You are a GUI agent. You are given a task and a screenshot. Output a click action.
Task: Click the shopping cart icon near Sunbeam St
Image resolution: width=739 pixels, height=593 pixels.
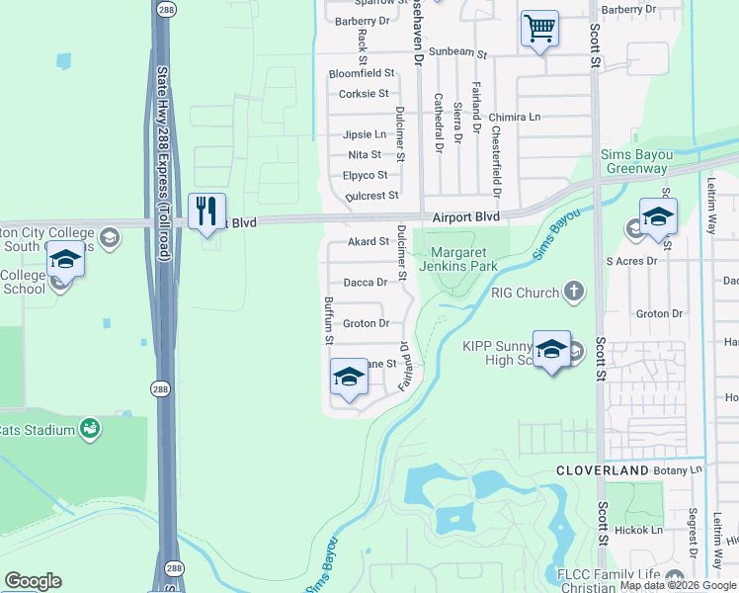click(x=539, y=30)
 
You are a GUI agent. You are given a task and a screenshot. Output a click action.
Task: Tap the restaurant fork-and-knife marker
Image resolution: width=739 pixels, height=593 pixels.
click(x=206, y=211)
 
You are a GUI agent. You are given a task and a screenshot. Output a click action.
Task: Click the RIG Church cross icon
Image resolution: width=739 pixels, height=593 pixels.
click(x=574, y=292)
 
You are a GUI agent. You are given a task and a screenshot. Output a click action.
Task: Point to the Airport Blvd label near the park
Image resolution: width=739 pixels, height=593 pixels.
click(x=465, y=215)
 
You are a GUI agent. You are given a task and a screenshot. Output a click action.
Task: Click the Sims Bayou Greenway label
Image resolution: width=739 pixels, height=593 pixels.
click(x=637, y=162)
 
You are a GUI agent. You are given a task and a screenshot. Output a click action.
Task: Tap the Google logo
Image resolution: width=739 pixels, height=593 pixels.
click(x=33, y=581)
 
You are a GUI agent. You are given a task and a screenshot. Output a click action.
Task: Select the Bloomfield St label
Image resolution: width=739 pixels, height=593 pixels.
click(x=362, y=73)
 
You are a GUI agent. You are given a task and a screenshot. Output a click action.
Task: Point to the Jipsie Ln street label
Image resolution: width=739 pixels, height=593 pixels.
click(x=365, y=134)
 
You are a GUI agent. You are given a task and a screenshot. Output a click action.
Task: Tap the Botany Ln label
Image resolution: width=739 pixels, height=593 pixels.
click(x=682, y=469)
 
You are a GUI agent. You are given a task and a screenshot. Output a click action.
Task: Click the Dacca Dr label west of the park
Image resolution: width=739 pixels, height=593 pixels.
click(x=365, y=283)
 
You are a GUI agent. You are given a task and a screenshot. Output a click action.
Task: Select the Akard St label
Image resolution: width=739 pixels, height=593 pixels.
click(x=368, y=241)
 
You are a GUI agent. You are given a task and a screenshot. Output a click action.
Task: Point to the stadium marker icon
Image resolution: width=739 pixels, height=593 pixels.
click(x=90, y=428)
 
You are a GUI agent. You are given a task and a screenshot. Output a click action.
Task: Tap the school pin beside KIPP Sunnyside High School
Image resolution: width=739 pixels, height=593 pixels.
click(x=551, y=349)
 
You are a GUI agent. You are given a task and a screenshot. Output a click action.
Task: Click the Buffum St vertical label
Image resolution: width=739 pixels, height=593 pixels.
click(x=329, y=321)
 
